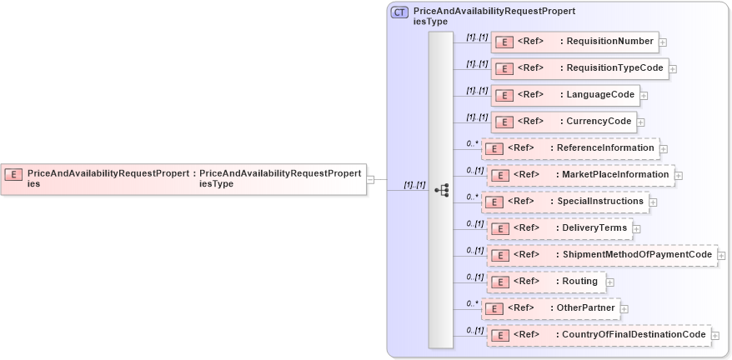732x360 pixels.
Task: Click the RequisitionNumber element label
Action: point(610,41)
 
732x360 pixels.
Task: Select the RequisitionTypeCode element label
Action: point(615,67)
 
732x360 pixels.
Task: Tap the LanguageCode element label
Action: point(600,94)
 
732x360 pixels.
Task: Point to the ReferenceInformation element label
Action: point(605,147)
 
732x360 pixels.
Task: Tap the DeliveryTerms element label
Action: point(594,227)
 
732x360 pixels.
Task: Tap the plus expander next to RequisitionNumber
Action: point(663,42)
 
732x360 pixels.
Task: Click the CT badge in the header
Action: point(400,12)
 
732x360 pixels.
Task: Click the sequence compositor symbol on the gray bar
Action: point(441,190)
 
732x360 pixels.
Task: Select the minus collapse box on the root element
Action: point(371,178)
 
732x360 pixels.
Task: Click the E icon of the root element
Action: point(13,174)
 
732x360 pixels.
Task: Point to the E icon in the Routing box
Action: point(503,282)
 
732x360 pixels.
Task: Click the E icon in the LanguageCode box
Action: point(503,95)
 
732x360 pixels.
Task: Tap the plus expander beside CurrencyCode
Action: point(641,122)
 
